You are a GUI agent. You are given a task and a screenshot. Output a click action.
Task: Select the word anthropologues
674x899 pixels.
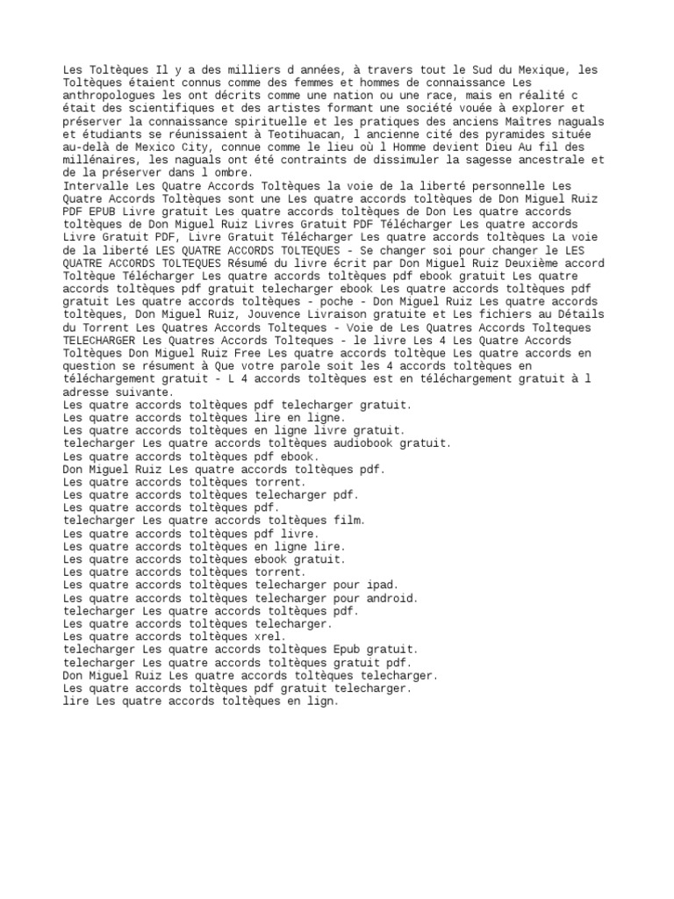pos(108,95)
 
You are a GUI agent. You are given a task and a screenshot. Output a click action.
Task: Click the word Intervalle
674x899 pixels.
pos(95,186)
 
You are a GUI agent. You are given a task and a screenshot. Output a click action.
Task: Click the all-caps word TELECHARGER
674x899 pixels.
pos(101,340)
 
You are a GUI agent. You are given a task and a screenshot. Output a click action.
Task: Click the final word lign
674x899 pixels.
pos(320,702)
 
